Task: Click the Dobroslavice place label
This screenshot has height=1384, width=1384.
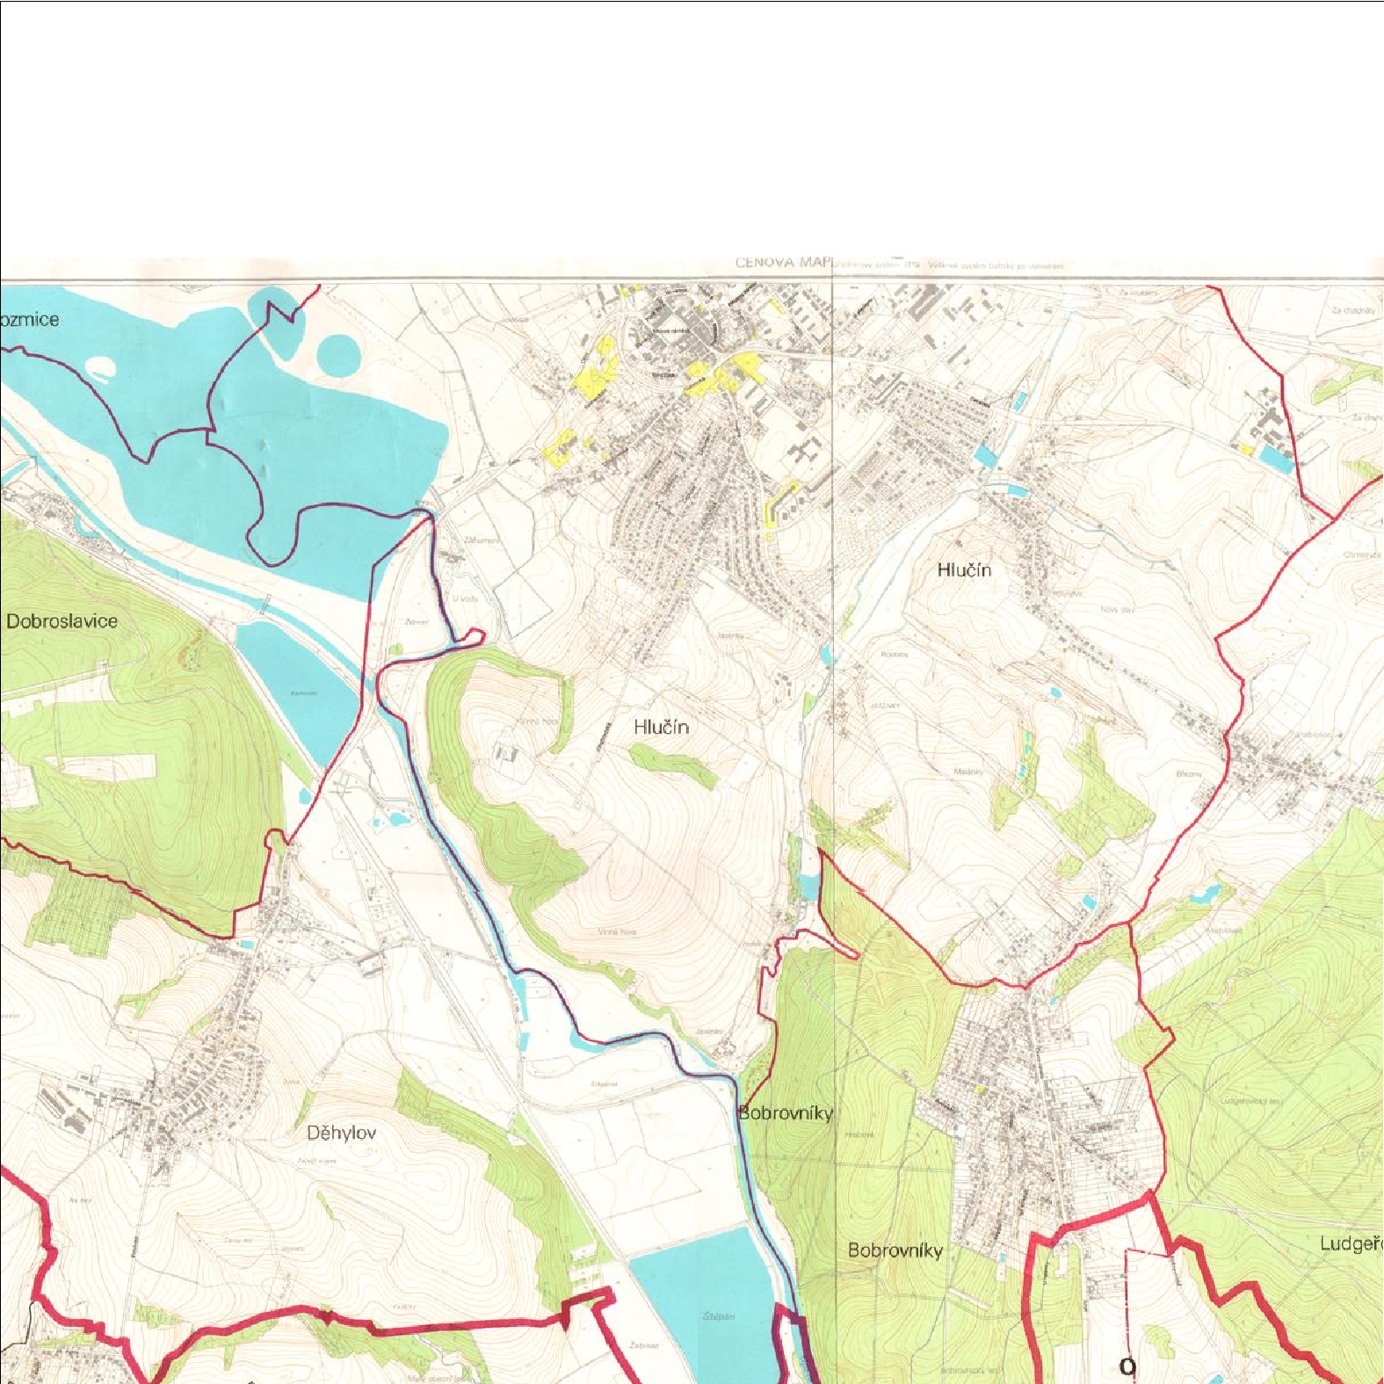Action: click(62, 621)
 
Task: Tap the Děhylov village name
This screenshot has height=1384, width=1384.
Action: click(341, 1133)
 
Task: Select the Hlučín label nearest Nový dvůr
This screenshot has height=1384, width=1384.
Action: click(964, 569)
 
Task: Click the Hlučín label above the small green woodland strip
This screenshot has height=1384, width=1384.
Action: click(661, 727)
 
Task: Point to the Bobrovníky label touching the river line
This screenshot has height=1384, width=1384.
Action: click(785, 1112)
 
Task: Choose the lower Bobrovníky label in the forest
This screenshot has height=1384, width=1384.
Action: click(895, 1250)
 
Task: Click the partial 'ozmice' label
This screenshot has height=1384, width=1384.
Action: click(30, 319)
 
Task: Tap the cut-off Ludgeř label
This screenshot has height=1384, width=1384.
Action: click(1351, 1243)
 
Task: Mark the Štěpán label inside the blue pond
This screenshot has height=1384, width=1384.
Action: click(718, 1316)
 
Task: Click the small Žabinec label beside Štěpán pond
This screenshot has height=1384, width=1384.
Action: click(643, 1345)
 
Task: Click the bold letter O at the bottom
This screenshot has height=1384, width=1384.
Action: click(1127, 1366)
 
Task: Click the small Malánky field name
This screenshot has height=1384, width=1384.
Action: click(968, 772)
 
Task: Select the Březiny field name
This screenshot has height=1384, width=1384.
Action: click(1188, 774)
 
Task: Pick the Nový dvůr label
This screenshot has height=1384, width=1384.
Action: click(1117, 609)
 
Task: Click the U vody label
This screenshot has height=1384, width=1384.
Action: click(466, 598)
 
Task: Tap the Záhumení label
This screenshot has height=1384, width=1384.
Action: click(482, 540)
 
